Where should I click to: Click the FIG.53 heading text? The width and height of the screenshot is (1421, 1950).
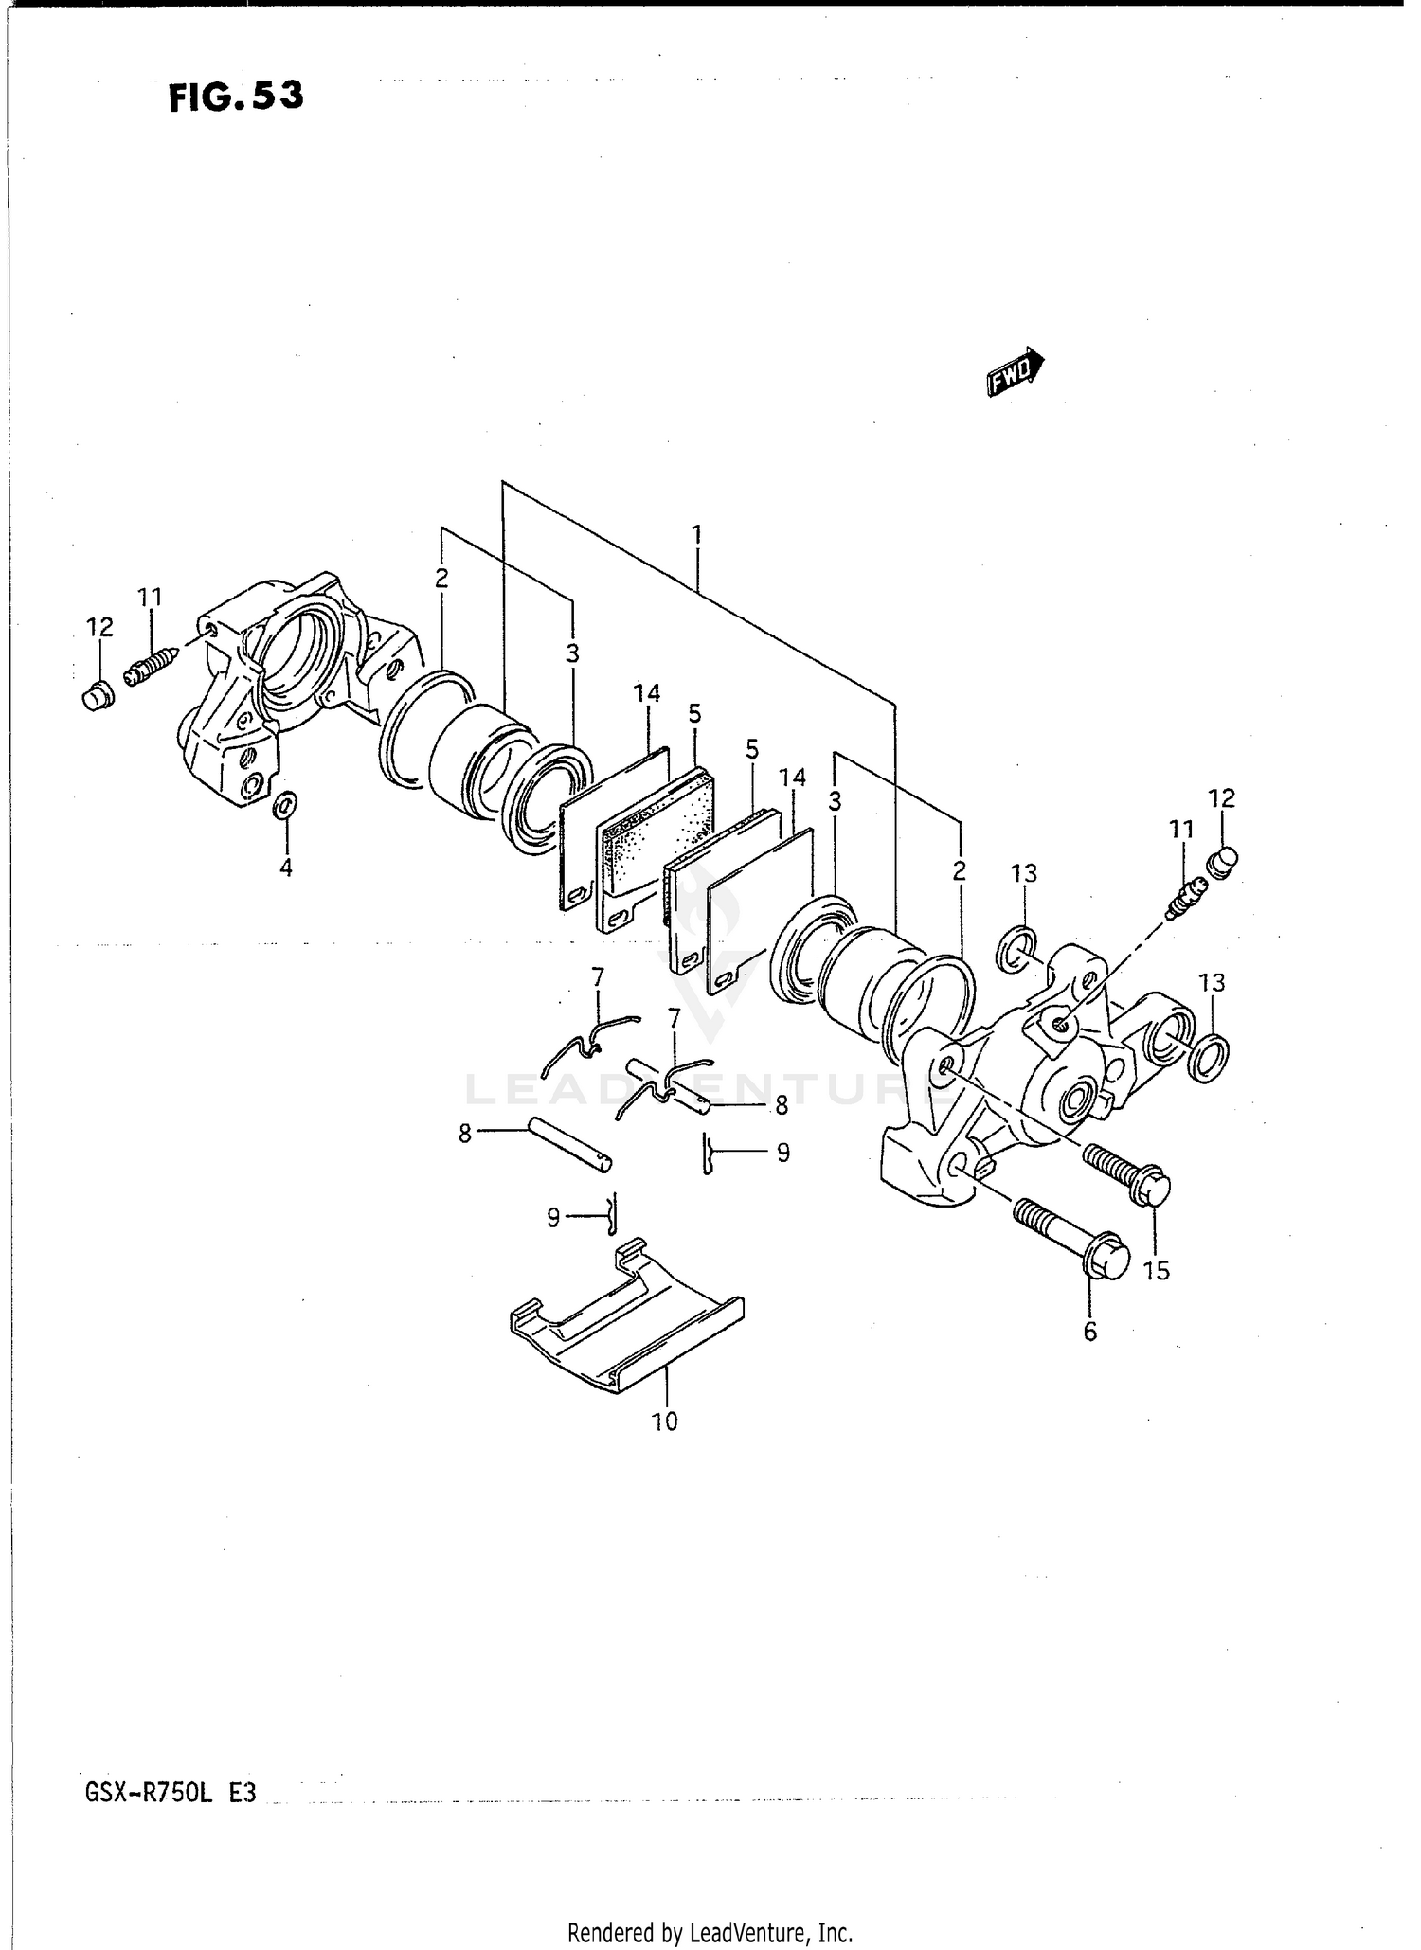(236, 97)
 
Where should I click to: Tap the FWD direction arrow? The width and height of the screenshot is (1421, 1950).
(1015, 372)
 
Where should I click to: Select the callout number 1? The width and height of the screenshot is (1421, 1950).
(696, 535)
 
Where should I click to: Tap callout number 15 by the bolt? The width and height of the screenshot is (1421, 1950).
(1157, 1271)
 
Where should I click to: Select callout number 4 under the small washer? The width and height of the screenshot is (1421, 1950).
(285, 867)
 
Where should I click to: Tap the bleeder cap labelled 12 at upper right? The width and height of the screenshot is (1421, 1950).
(1223, 861)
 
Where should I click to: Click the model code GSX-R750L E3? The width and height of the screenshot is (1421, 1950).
(171, 1793)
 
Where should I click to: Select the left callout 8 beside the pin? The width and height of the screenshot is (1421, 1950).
(464, 1134)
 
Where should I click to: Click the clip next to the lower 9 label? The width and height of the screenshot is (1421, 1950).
(611, 1213)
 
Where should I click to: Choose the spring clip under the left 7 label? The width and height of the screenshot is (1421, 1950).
(587, 1042)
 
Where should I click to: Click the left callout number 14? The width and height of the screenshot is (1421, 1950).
(647, 693)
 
